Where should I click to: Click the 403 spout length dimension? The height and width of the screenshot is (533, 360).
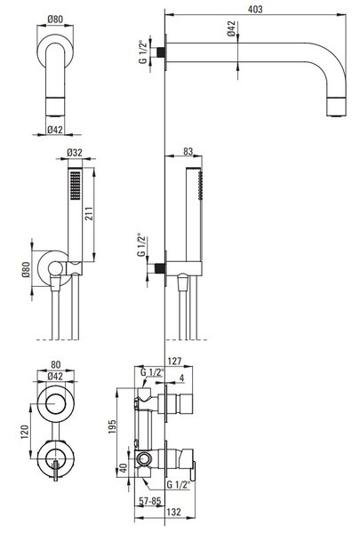[255, 9]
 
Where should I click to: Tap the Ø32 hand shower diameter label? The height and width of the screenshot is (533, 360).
[75, 153]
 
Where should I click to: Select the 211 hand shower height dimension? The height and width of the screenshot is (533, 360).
[89, 213]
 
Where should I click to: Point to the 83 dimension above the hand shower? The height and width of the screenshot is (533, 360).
[188, 151]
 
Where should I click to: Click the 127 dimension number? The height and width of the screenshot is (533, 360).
[175, 361]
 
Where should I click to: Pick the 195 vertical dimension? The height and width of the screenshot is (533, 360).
[112, 426]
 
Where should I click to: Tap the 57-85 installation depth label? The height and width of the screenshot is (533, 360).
[150, 501]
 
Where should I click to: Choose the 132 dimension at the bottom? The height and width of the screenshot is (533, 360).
[174, 512]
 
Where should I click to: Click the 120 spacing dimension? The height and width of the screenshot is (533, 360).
[25, 432]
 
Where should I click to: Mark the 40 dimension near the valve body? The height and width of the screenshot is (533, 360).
[124, 468]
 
